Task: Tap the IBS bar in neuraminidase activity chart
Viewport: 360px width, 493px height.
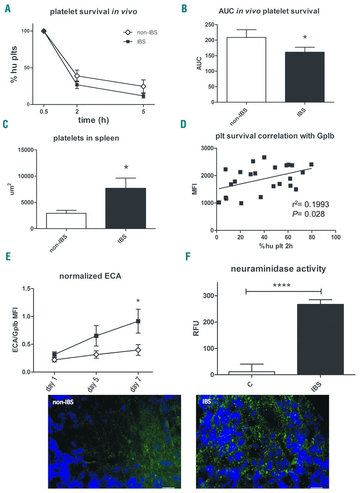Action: [321, 339]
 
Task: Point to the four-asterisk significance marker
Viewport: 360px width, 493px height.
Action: [281, 285]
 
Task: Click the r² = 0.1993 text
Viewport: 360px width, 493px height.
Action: [310, 205]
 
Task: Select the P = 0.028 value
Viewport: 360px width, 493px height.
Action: [308, 214]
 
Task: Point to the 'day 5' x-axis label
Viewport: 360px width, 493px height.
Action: [93, 384]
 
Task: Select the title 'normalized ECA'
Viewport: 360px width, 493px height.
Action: [90, 276]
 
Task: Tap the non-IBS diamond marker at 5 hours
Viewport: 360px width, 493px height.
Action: [143, 86]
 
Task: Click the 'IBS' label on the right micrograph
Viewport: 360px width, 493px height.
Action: [207, 401]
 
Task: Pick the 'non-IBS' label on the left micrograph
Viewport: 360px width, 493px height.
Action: [64, 401]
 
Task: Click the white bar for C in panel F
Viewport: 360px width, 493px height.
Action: [252, 373]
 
